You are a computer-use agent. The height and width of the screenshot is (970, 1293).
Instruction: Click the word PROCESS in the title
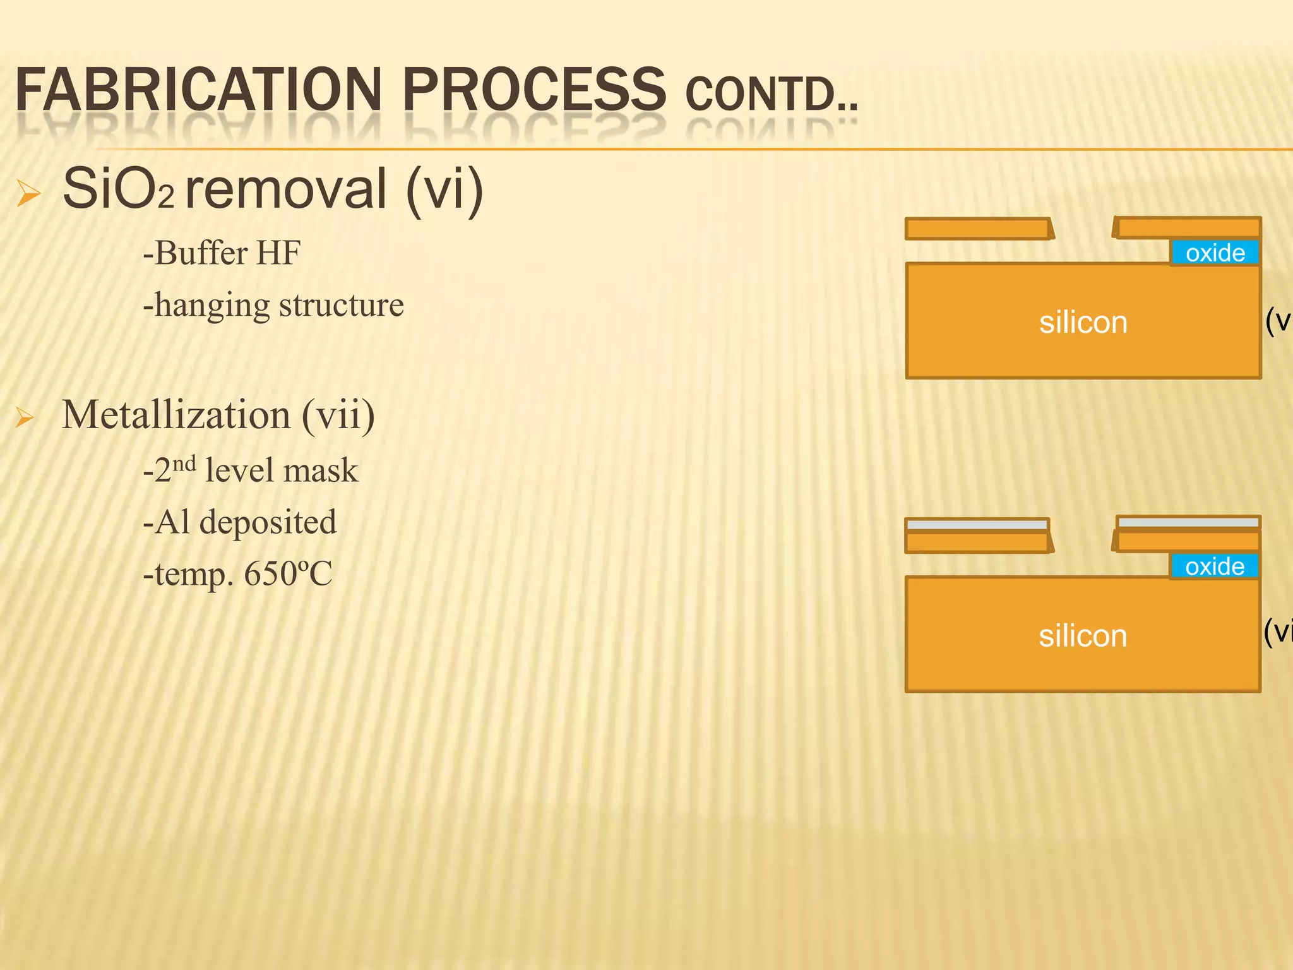[533, 90]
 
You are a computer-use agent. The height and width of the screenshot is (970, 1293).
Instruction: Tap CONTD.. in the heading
[771, 95]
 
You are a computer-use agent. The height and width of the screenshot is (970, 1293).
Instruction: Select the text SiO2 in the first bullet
[117, 189]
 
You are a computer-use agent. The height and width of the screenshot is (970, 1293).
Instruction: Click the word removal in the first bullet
[285, 189]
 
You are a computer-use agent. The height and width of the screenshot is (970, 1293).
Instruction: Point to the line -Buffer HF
[222, 253]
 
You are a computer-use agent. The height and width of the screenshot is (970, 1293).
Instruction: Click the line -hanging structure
[273, 305]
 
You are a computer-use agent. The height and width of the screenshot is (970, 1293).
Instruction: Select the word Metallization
[176, 415]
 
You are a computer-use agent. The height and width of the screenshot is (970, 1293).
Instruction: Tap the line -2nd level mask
[251, 470]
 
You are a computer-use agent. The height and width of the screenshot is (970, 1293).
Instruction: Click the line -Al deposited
[240, 522]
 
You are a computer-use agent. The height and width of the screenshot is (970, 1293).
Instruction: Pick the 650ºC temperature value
[288, 574]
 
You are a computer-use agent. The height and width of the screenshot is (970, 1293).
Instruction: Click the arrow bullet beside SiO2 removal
[28, 193]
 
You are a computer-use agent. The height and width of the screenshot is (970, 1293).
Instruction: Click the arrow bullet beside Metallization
[25, 417]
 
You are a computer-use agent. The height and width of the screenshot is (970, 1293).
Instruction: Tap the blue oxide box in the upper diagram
[1215, 253]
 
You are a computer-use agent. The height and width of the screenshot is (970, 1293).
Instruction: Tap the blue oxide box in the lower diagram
[1214, 566]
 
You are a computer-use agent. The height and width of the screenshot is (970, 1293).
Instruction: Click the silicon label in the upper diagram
[1083, 322]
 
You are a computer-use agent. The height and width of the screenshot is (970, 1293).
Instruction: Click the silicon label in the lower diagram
[1083, 635]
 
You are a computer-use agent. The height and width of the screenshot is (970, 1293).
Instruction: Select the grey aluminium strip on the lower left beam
[977, 525]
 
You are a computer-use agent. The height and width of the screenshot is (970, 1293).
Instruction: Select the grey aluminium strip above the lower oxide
[1188, 522]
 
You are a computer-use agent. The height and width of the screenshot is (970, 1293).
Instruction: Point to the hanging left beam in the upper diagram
[979, 229]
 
